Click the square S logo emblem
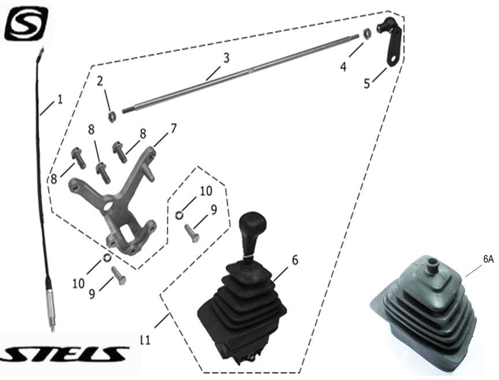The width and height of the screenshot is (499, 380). tap(26, 24)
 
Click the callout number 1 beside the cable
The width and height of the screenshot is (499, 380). tap(60, 99)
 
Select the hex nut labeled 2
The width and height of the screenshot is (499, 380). tap(111, 117)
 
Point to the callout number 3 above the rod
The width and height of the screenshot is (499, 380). tap(226, 58)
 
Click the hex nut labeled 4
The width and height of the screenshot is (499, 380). tap(367, 33)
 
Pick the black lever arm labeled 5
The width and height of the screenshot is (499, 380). tap(390, 41)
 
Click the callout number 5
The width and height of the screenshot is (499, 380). tap(367, 84)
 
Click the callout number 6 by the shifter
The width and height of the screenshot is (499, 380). tap(295, 260)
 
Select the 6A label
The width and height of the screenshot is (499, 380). tap(488, 259)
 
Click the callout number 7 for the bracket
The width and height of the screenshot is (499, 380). tap(173, 129)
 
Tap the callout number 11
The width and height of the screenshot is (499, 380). tap(145, 341)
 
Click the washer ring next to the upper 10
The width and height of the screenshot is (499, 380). tap(179, 215)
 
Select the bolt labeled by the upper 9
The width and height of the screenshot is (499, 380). tap(192, 233)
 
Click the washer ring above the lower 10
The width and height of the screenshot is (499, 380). tap(107, 257)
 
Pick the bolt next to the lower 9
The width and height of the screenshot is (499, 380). tap(118, 276)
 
